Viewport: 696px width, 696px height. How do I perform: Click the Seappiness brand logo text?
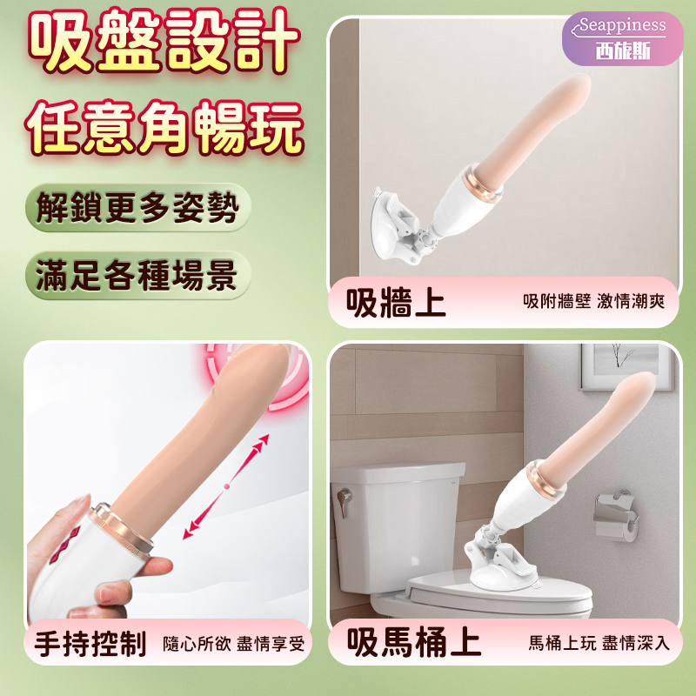[x=624, y=25]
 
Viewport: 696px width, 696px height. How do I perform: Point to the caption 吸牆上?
[x=396, y=303]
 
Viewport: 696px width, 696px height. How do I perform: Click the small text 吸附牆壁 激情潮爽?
[x=593, y=304]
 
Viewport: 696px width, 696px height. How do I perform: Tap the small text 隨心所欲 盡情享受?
[x=234, y=646]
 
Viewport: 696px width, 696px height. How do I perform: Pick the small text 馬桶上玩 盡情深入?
[x=599, y=645]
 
